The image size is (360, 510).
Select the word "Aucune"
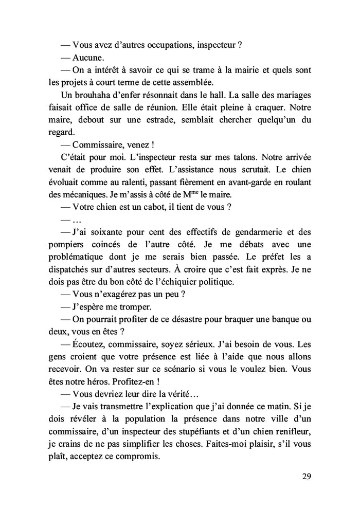[x=89, y=57]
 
